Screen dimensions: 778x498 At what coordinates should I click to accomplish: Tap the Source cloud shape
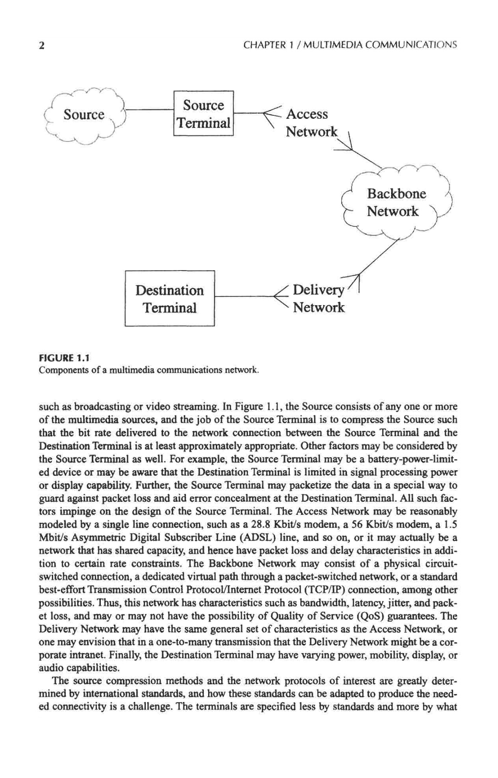[x=84, y=115]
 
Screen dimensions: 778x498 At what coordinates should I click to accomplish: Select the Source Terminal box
[x=203, y=114]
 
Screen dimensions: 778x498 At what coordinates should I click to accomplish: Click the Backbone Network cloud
[x=396, y=203]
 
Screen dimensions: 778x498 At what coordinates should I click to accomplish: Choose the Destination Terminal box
[x=170, y=298]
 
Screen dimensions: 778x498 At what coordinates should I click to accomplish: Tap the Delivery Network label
[x=319, y=299]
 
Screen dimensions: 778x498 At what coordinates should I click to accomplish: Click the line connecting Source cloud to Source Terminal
[x=149, y=110]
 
